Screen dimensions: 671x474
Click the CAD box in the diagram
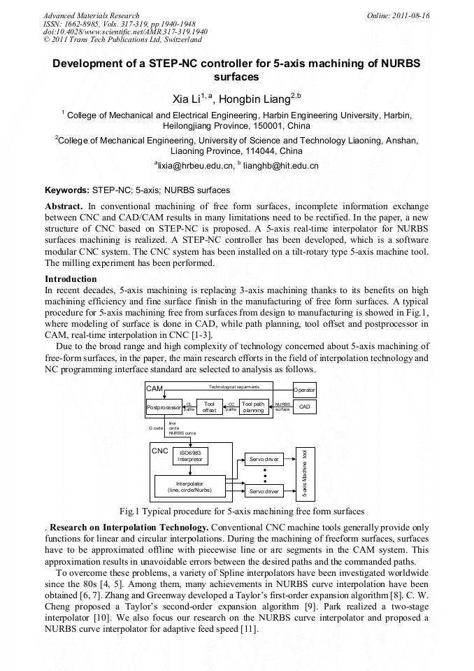[304, 407]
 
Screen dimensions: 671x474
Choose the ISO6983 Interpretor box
[189, 456]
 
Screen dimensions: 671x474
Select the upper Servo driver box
[264, 460]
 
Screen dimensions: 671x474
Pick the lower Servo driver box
[264, 491]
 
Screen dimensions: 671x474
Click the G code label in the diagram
[156, 428]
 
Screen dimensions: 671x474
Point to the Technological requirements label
[234, 386]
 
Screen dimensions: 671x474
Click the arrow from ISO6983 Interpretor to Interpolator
[189, 470]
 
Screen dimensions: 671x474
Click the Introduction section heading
[71, 279]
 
